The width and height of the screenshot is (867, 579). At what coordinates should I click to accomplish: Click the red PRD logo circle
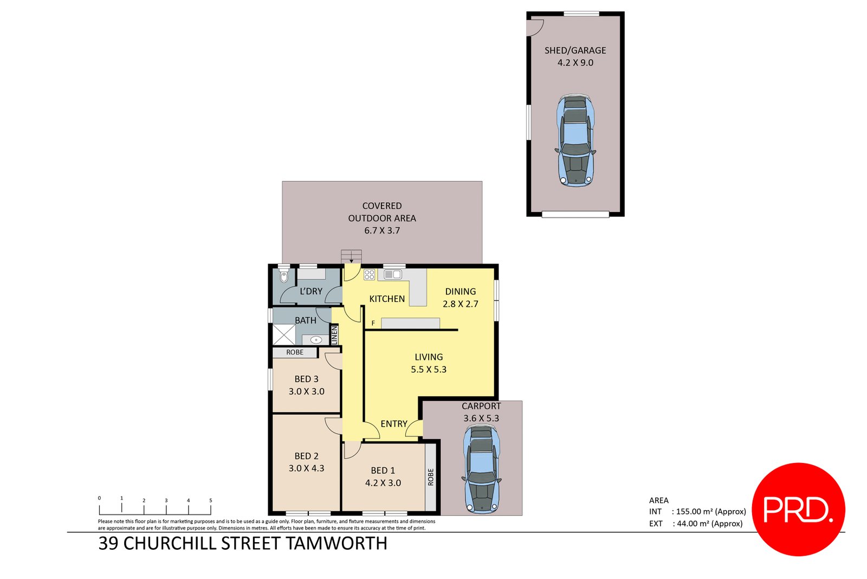coord(798,509)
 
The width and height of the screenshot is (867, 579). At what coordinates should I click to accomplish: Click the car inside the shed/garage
coord(575,141)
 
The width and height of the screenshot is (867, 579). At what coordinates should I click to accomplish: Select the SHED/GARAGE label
coord(575,50)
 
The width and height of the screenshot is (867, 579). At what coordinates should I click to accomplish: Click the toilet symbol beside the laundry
coord(284,276)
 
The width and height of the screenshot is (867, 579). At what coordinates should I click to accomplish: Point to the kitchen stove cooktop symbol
coord(370,275)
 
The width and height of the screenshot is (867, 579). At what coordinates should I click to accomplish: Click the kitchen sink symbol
coord(393,275)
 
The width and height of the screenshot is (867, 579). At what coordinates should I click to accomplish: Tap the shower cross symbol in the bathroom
coord(283,334)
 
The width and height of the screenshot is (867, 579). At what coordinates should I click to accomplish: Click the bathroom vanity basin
coord(316,340)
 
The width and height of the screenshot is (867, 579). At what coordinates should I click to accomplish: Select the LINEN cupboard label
coord(334,335)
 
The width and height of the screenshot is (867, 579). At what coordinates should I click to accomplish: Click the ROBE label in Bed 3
coord(295,352)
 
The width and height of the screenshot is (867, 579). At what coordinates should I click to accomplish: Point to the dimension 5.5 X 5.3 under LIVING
coord(429,370)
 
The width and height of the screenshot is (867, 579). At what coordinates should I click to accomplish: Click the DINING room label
coord(461,292)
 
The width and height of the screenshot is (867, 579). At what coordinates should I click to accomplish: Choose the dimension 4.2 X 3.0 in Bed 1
coord(383,483)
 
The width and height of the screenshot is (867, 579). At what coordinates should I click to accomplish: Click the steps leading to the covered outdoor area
coord(351,256)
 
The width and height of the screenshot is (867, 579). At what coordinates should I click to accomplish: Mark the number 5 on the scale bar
coord(211,500)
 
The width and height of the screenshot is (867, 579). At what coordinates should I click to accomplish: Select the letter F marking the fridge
coord(373,324)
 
